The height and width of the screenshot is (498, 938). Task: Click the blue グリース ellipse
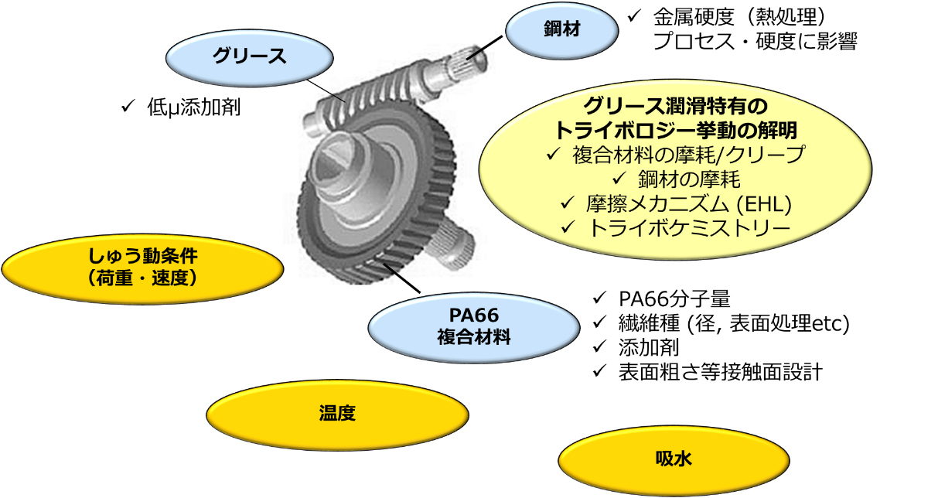tap(249, 56)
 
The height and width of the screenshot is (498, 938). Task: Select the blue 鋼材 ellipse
tap(561, 30)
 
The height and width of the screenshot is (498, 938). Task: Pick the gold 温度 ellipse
tap(337, 413)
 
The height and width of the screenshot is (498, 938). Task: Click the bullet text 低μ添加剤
tap(193, 108)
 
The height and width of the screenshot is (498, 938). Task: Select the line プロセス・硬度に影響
tap(754, 41)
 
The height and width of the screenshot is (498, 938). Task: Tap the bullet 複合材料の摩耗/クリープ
tap(687, 155)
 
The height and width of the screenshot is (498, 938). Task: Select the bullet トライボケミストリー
tap(688, 229)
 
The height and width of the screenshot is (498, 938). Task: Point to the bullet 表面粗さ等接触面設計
tap(718, 371)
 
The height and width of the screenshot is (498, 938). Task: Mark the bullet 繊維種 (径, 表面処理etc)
tap(734, 322)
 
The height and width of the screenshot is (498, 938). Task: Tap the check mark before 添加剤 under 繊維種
tap(599, 347)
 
